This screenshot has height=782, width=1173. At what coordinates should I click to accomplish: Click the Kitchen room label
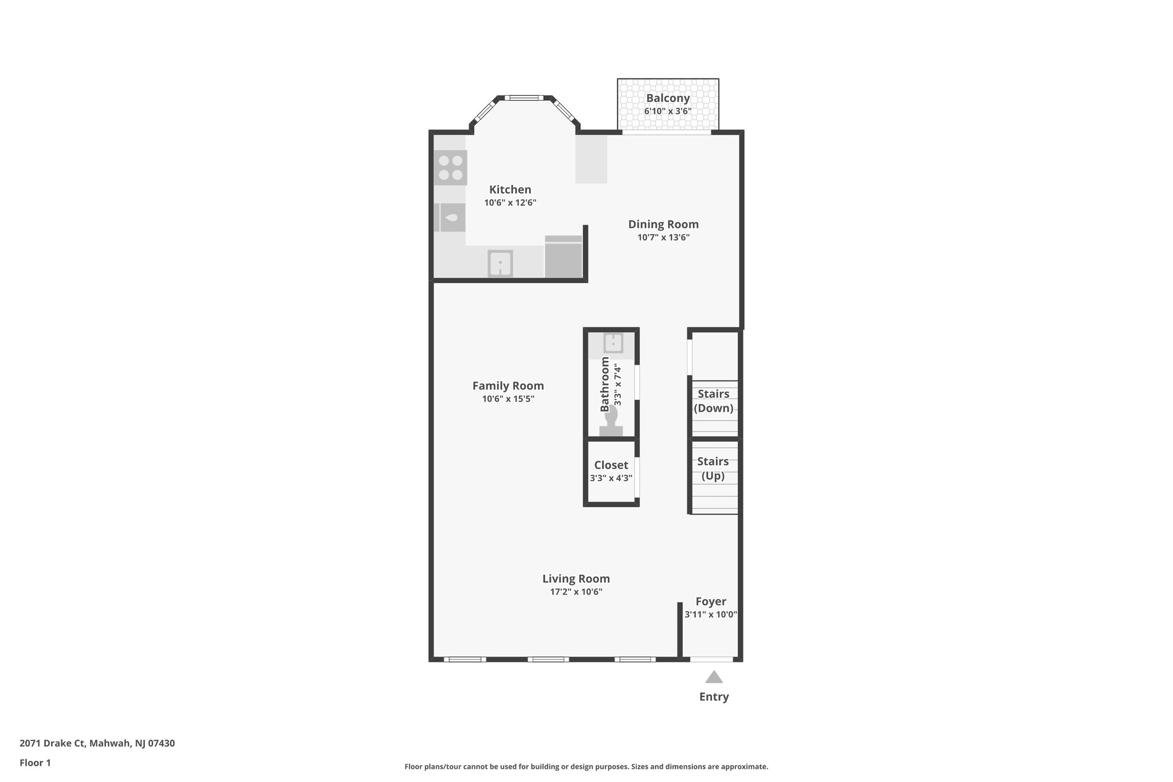pos(510,190)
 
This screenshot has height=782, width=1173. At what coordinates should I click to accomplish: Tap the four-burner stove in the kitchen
pos(450,167)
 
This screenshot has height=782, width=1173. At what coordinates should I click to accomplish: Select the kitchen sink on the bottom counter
pos(500,264)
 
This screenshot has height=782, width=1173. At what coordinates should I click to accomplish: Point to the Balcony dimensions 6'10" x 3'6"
pos(668,111)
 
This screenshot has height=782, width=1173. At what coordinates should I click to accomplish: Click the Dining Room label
pos(663,225)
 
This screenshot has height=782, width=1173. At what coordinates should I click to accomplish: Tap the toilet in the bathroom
pos(611,421)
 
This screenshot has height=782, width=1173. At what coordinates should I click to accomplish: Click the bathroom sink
pos(613,343)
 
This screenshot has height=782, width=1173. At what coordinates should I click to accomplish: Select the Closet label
pos(611,465)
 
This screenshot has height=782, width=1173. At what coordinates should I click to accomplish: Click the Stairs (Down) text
pos(713,401)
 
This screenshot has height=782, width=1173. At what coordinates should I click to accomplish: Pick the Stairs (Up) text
pos(713,469)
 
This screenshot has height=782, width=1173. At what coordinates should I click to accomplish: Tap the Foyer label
pos(711,602)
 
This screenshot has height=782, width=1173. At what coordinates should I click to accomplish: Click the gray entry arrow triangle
pos(714,678)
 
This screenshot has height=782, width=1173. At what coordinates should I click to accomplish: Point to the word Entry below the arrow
pos(714,697)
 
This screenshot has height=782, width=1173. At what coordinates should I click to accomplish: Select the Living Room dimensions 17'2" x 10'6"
pos(576,592)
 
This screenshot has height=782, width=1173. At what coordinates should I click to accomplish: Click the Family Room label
pos(508,386)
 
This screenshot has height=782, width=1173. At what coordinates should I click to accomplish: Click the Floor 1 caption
pos(35,763)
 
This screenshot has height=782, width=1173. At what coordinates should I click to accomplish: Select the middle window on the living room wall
pos(548,659)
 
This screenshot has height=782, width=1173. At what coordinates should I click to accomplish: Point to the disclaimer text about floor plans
pos(586,767)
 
